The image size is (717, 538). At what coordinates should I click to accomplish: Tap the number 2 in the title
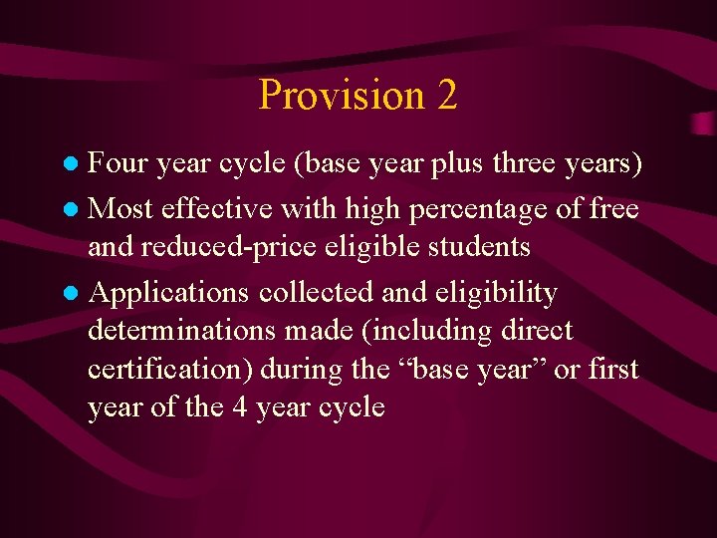click(446, 96)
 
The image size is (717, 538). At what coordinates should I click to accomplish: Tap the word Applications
click(169, 293)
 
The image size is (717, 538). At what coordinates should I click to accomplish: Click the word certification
click(167, 369)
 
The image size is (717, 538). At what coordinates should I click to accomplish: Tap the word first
click(611, 369)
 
